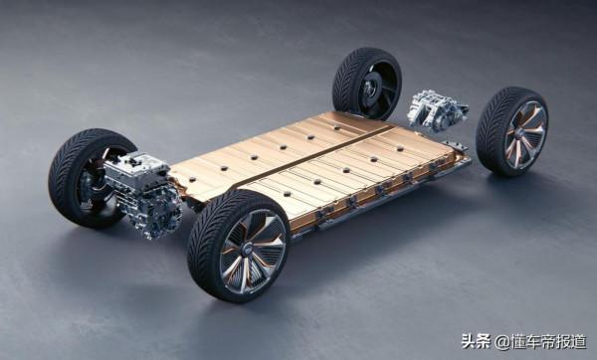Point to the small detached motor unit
(x=435, y=109)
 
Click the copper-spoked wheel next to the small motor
(x=511, y=131)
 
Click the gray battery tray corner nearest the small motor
(x=459, y=149)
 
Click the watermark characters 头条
(x=475, y=340)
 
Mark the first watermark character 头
(x=468, y=340)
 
